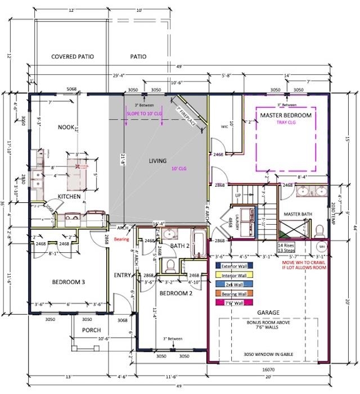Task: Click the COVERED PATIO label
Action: click(72, 57)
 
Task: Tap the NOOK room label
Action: click(66, 127)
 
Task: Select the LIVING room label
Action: click(157, 161)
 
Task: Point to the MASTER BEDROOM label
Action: click(286, 115)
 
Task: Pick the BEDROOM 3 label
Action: click(69, 282)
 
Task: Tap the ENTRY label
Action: click(123, 275)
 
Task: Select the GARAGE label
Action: click(268, 312)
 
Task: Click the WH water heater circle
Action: click(322, 247)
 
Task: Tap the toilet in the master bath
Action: click(319, 230)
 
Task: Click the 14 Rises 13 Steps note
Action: click(287, 247)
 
